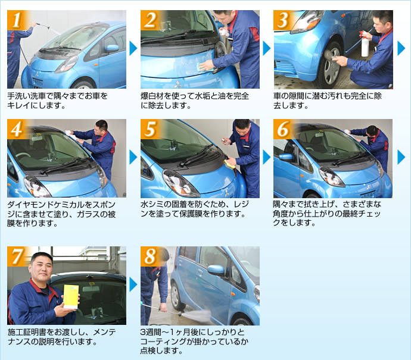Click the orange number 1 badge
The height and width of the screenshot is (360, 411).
click(16, 20)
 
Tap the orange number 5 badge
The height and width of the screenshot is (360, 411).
click(150, 129)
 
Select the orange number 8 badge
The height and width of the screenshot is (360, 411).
click(150, 256)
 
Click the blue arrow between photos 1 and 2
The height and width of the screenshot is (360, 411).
click(133, 48)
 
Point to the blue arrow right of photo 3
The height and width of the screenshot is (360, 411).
click(401, 48)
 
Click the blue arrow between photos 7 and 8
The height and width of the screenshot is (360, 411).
click(133, 285)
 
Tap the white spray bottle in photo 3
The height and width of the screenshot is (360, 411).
click(365, 44)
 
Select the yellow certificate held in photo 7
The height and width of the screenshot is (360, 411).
click(71, 296)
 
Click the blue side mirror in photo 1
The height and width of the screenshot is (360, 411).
click(113, 48)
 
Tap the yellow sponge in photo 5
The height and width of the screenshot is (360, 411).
click(229, 164)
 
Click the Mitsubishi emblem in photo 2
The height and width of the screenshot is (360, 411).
click(178, 84)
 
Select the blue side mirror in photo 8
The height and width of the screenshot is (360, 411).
click(216, 270)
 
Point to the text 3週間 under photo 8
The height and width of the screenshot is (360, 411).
click(151, 332)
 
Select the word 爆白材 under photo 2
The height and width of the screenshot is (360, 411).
click(152, 96)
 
